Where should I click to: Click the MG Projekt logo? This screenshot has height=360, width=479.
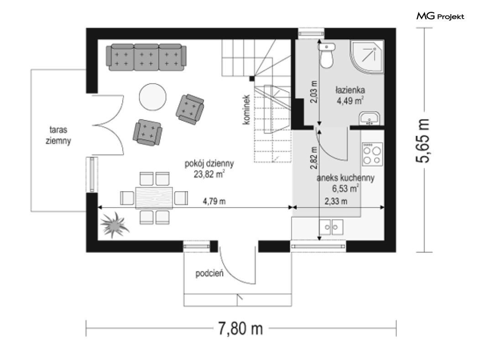tap(440, 16)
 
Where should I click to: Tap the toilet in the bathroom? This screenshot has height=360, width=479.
tap(327, 55)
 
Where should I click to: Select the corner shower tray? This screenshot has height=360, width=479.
tap(367, 57)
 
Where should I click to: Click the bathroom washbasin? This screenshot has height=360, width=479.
tap(370, 119)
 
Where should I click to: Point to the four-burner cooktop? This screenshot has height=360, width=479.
tap(372, 154)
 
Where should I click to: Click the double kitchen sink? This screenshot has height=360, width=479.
tap(331, 227)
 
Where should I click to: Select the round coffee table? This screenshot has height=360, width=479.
tap(153, 97)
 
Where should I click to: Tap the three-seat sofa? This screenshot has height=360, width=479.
tap(146, 57)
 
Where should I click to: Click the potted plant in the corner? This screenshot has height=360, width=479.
tap(115, 224)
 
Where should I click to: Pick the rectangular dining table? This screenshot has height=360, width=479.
tap(154, 198)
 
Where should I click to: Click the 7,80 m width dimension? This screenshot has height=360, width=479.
tap(241, 329)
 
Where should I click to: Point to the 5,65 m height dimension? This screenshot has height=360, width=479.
tap(424, 140)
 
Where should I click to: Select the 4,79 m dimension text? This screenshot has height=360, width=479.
tap(214, 201)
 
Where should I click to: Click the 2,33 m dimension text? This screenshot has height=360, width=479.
tap(336, 201)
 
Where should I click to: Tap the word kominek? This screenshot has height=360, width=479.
tap(246, 110)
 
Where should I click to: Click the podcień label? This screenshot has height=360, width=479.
tap(209, 273)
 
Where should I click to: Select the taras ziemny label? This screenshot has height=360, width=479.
tap(58, 135)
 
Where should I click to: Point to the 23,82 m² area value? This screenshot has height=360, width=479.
tap(209, 174)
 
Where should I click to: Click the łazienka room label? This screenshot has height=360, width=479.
tap(350, 90)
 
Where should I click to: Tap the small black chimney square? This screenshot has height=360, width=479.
tap(252, 78)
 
